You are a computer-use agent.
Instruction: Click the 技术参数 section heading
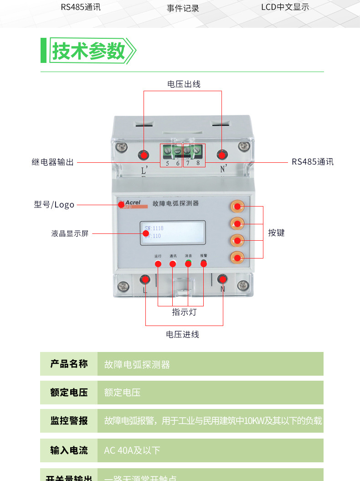click(88, 51)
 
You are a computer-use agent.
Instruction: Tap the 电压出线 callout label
click(184, 84)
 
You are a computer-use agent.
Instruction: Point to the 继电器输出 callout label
click(53, 162)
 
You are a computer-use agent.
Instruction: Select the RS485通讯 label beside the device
click(313, 162)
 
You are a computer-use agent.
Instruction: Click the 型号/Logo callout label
click(54, 205)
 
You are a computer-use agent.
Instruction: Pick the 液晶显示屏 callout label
click(70, 233)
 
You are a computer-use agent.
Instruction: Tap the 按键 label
click(276, 233)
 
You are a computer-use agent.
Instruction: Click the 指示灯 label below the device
click(184, 312)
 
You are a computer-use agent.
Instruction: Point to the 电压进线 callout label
click(182, 335)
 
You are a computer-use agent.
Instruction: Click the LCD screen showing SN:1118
click(172, 232)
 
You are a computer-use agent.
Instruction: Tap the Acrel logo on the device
click(133, 203)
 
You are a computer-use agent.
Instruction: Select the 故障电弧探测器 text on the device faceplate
click(175, 204)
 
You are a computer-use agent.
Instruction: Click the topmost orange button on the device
click(237, 207)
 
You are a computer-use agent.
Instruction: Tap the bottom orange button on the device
click(237, 258)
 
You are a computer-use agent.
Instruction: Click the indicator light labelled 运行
click(158, 264)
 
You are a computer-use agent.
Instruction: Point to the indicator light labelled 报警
click(203, 263)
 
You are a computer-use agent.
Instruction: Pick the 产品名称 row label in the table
click(69, 364)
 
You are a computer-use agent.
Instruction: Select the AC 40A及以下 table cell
click(132, 450)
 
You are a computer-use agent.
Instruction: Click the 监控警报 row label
click(69, 421)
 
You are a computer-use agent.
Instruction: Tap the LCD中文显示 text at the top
click(285, 7)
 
